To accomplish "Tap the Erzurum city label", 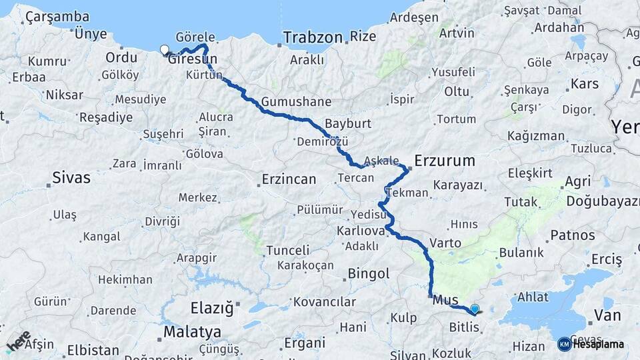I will tap(444, 161).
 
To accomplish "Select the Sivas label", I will tap(71, 177).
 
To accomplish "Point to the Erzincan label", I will tap(288, 179).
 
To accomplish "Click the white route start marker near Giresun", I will tap(165, 49).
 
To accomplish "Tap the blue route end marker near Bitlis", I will tap(474, 309).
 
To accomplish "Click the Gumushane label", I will tap(296, 102).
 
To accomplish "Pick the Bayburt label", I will tap(347, 123).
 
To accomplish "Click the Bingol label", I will tap(368, 273).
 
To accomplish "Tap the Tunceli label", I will tap(288, 250).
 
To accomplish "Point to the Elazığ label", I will tap(212, 309).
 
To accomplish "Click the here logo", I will tap(18, 341).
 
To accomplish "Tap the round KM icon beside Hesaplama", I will tap(564, 344).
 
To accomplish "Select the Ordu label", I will tap(121, 57).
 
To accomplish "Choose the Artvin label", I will tap(457, 32).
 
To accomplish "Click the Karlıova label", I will tap(361, 231).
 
